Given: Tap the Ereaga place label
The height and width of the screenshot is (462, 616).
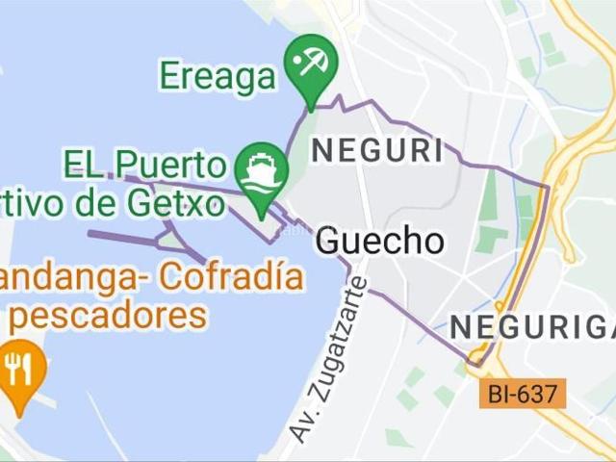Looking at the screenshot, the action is [x=218, y=76].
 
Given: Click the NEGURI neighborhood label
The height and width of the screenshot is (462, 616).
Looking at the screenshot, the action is [x=377, y=151].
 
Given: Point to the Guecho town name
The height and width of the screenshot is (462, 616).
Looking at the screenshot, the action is [x=379, y=241].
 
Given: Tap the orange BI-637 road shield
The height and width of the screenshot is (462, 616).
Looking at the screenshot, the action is [x=521, y=392].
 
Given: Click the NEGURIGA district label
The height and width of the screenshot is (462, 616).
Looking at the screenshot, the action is [x=531, y=327].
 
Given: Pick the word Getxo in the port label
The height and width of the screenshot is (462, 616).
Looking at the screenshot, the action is [x=183, y=203].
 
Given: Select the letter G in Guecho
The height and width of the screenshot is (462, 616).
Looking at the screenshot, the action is [x=328, y=242].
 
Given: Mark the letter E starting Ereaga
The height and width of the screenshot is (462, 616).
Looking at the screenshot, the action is [x=169, y=76].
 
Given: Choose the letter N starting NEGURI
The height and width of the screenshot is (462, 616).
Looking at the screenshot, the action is [x=321, y=151].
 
